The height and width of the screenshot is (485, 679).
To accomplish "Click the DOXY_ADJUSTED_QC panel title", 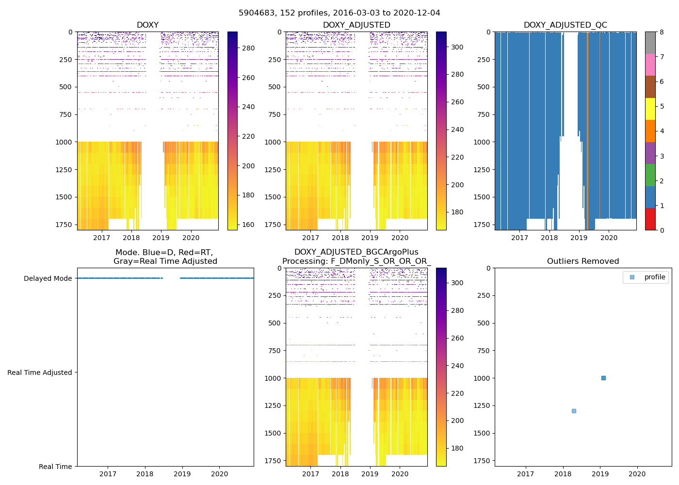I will [x=565, y=25].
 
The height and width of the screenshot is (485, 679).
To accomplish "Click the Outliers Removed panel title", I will [x=583, y=261].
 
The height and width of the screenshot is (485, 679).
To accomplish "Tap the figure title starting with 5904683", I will [x=339, y=13].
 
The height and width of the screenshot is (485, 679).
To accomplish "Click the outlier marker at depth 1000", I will [x=603, y=378].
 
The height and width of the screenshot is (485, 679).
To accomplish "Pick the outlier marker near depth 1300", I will [x=574, y=411].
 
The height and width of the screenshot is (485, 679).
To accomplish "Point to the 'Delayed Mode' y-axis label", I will [x=48, y=278].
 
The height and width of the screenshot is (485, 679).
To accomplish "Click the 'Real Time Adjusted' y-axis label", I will [x=40, y=372].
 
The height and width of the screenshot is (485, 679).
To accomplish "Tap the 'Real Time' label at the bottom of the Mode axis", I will [x=55, y=467].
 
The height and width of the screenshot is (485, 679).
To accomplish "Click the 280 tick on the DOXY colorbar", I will [x=248, y=48].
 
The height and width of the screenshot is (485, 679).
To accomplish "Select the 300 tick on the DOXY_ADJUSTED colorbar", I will [x=457, y=47].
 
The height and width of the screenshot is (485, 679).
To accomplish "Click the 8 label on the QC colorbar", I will [x=662, y=32].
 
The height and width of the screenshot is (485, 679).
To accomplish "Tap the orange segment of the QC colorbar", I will [x=650, y=131].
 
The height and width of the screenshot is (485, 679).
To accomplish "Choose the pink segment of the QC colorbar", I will [x=650, y=65].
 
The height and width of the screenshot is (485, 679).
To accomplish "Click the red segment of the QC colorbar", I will [x=650, y=219].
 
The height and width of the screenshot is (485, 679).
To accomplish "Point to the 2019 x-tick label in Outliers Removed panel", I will [x=600, y=474].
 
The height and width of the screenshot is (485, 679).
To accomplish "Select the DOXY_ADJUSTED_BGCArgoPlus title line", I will [x=356, y=252].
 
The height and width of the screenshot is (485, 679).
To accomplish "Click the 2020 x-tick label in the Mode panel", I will [x=220, y=474].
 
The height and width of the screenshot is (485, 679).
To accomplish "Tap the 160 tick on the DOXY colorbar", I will [x=248, y=225].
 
